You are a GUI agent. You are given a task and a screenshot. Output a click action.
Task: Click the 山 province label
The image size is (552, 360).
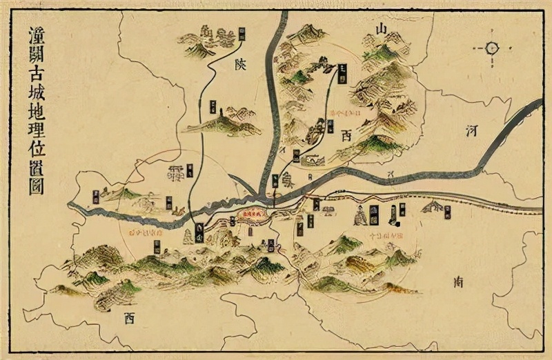tap(381, 28)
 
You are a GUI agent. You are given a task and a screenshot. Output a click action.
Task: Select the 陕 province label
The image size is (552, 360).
tap(240, 66)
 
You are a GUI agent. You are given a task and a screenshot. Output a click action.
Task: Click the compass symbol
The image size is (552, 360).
tap(492, 48)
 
